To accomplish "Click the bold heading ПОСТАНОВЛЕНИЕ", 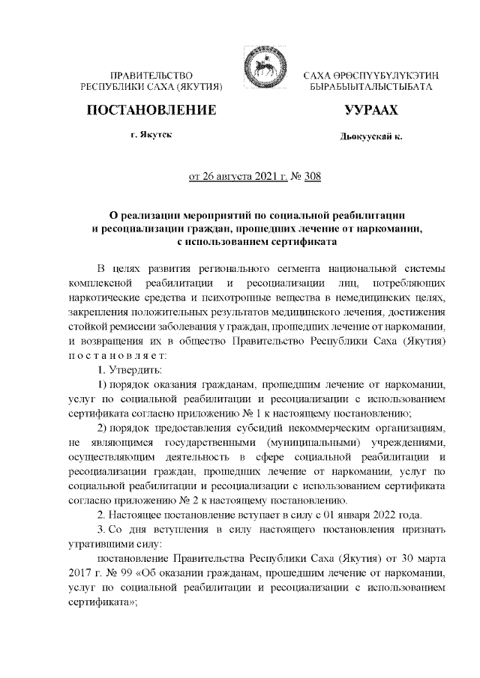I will (152, 111).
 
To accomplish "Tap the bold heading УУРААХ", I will (370, 111).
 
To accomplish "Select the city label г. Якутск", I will (150, 136).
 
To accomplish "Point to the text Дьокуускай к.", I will (370, 139).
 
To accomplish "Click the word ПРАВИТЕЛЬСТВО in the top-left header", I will (152, 76).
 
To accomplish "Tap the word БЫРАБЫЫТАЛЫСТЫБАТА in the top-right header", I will (370, 88).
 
